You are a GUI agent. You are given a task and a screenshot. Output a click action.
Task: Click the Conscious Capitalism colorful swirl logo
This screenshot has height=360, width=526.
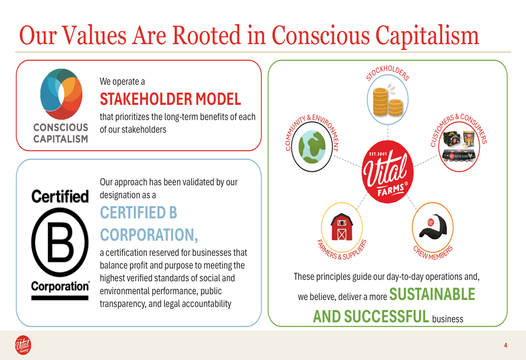pos(61,94)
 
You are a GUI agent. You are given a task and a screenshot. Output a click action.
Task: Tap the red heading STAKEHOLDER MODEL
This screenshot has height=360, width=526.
pos(170,99)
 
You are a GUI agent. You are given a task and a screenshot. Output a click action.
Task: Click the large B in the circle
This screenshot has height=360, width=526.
pos(60,242)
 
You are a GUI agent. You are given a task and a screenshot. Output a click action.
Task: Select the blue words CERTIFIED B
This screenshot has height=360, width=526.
pos(138,212)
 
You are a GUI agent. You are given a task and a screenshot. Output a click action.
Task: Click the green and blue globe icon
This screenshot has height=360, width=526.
pos(312,147)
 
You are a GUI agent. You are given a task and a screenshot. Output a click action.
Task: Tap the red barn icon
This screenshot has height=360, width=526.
pos(341,227)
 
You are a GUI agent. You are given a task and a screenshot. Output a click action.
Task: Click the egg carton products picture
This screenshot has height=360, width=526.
pos(459,147)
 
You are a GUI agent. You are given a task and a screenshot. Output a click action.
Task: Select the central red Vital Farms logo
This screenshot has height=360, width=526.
pos(388,172)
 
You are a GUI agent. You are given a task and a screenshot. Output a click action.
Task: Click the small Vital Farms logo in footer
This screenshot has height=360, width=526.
pos(23,345)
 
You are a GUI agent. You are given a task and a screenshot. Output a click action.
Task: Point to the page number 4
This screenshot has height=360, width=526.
pos(505,345)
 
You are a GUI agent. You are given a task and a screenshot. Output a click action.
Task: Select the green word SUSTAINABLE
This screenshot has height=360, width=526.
pos(432,294)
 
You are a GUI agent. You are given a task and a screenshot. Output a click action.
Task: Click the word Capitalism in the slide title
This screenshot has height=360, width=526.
pos(427,35)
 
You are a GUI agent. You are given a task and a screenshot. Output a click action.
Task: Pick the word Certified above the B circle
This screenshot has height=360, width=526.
pos(60,197)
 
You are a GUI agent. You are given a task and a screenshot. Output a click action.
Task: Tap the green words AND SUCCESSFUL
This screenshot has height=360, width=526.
pos(371,316)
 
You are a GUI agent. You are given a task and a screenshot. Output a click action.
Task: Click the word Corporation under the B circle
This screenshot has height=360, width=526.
pos(60,286)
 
